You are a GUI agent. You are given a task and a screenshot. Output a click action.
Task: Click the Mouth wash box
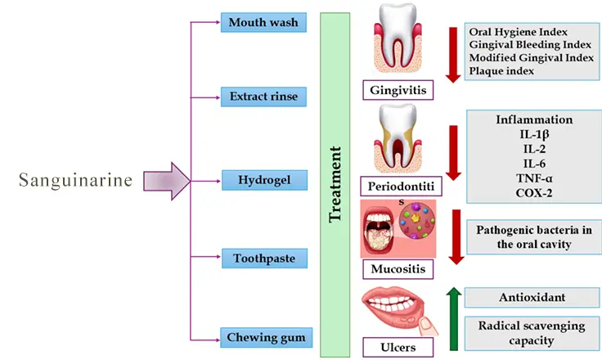264,21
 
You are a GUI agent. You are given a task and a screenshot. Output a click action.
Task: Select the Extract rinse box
263,97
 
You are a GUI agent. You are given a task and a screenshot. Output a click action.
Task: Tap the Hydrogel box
263,178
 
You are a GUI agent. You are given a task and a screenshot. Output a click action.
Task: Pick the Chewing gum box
263,336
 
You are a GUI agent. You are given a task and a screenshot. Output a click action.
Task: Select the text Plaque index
502,71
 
